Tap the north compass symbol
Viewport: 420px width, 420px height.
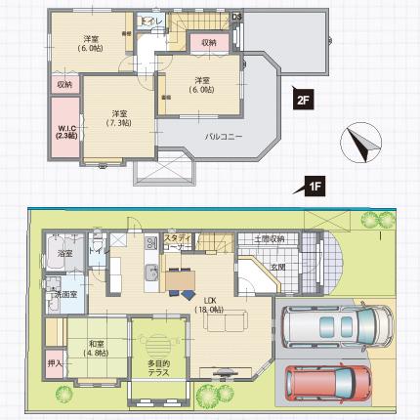(360, 144)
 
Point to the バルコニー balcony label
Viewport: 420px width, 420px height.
(223, 137)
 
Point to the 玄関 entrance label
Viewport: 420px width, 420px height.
(277, 266)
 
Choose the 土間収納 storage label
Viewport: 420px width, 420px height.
(270, 239)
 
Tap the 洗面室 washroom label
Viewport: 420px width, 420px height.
(65, 293)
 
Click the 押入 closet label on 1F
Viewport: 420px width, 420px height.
(55, 364)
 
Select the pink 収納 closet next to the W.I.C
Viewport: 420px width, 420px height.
(63, 85)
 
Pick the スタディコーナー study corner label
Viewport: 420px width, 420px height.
(177, 242)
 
